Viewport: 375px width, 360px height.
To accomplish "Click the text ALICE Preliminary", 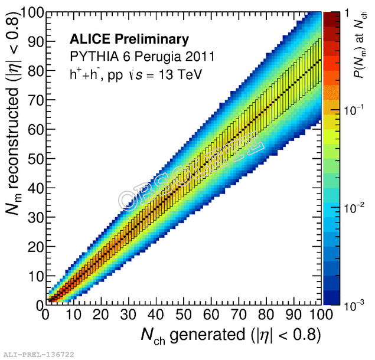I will (x=129, y=40).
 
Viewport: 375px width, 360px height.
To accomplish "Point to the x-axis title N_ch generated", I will (x=230, y=335).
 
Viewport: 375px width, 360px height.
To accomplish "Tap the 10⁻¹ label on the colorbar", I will (x=351, y=110).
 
